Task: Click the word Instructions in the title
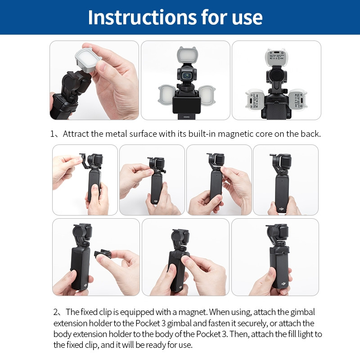134,17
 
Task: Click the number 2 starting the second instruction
56,312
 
